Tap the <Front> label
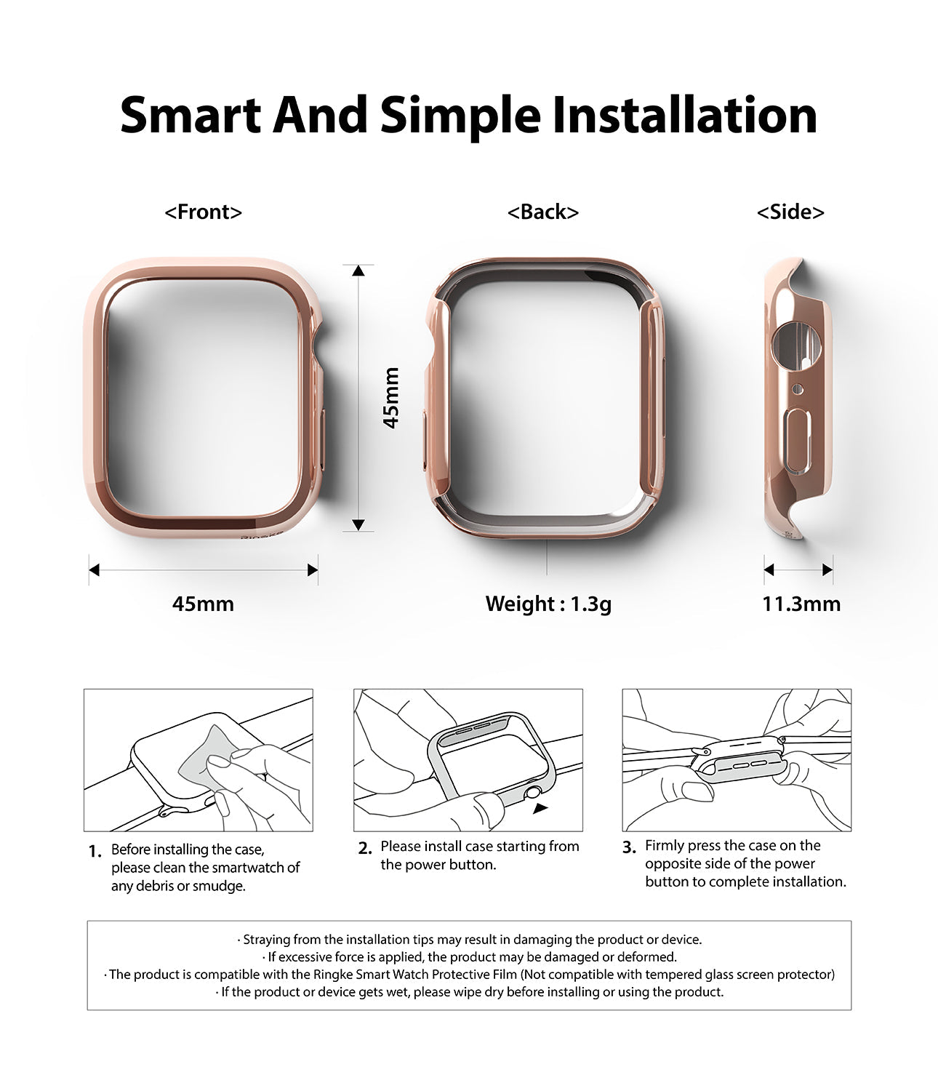point(203,212)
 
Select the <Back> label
point(543,212)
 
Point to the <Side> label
point(790,212)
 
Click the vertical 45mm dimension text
point(391,397)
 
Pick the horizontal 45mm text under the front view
point(203,604)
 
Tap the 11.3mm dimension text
point(801,604)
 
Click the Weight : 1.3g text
point(548,604)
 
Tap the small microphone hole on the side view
point(798,390)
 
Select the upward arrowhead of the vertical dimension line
point(358,271)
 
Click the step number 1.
point(95,852)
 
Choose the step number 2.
point(365,848)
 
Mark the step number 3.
point(629,847)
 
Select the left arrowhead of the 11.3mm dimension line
point(769,570)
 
